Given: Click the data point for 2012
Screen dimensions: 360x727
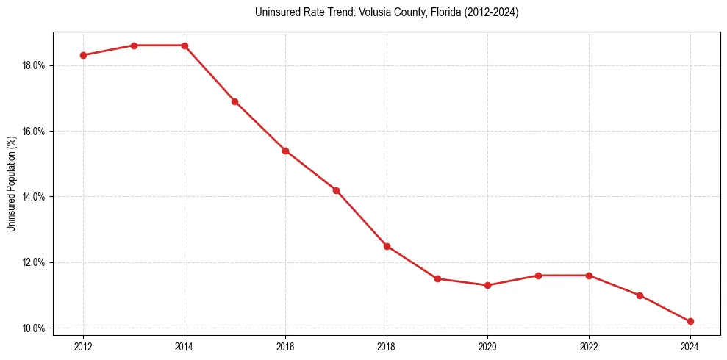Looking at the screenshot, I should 83,55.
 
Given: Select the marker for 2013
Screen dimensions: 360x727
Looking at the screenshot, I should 134,46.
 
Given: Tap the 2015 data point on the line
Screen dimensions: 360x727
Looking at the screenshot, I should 234,101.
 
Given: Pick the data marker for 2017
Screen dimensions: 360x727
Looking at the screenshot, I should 336,190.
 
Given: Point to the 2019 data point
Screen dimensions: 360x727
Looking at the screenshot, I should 437,278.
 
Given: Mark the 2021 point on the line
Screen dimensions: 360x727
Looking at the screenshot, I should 538,276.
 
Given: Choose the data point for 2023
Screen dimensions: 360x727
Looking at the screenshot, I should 640,295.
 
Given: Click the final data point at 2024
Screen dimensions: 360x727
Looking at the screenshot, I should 690,321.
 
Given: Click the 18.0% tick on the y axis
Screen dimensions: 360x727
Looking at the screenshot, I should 34,65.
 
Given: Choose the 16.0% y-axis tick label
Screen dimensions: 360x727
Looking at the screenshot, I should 34,131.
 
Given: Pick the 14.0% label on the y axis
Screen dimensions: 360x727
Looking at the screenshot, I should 34,197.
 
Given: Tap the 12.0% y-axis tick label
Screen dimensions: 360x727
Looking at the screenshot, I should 34,262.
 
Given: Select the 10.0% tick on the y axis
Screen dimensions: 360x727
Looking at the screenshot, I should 34,328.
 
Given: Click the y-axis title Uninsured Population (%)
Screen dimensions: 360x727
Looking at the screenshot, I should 12,184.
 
